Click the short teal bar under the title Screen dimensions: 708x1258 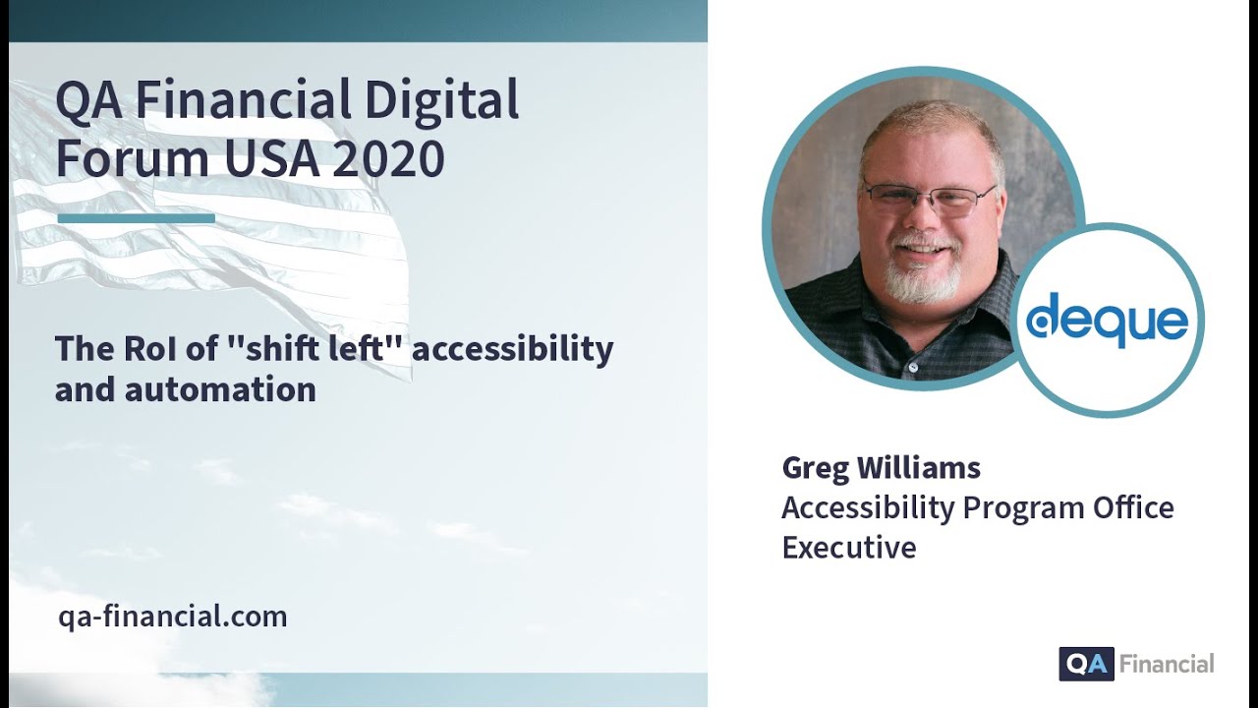click(x=136, y=218)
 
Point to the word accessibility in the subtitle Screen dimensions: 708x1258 click(x=512, y=348)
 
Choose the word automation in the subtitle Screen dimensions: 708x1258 click(x=220, y=389)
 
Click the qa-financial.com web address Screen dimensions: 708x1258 click(x=173, y=618)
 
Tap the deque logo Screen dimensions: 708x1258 click(x=1107, y=321)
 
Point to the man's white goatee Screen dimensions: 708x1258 click(x=922, y=281)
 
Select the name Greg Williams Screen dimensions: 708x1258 click(x=881, y=467)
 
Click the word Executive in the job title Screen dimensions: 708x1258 click(x=848, y=547)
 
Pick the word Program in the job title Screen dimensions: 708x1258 click(x=1023, y=507)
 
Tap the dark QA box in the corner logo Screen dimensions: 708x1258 click(x=1086, y=664)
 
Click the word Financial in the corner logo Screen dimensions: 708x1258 click(x=1167, y=664)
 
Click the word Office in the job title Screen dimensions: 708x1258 click(x=1133, y=507)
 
